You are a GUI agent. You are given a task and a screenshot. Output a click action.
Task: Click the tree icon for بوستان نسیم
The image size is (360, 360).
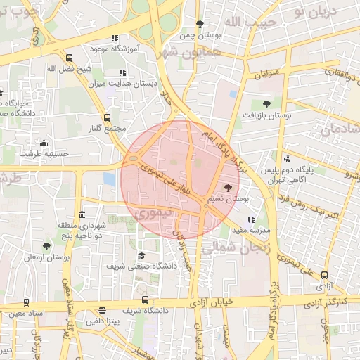click(227, 188)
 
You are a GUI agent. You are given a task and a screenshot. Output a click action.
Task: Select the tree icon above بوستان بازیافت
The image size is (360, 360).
click(266, 104)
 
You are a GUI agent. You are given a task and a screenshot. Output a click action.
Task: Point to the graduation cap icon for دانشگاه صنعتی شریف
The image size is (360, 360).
click(141, 255)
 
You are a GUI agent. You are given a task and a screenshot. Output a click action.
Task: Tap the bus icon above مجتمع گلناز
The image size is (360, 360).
click(107, 117)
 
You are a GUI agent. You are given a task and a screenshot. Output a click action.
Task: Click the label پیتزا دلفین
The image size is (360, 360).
click(103, 321)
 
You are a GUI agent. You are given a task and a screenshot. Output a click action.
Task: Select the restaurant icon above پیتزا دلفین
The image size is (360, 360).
click(103, 310)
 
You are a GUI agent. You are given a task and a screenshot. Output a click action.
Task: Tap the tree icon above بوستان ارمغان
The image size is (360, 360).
click(46, 246)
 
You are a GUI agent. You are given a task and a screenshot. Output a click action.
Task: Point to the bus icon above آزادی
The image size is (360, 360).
click(324, 276)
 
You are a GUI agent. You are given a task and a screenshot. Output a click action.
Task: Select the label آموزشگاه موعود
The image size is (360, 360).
click(115, 49)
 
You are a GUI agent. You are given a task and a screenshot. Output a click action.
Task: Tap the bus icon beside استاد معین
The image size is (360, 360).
click(26, 302)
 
